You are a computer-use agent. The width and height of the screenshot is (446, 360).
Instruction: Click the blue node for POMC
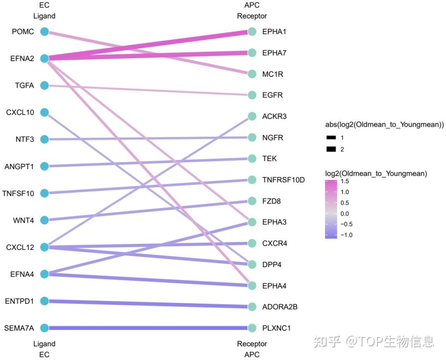click(x=45, y=31)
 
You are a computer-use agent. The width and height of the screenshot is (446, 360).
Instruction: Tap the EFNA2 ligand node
click(x=45, y=59)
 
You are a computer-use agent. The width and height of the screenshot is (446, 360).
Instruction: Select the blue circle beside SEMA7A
click(x=45, y=328)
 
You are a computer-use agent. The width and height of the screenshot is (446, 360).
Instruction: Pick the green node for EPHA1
click(x=252, y=32)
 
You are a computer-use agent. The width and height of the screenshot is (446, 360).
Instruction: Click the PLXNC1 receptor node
click(x=252, y=328)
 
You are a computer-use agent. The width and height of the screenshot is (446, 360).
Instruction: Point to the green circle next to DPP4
click(x=252, y=264)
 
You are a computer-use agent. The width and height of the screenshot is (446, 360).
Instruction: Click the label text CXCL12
click(x=20, y=247)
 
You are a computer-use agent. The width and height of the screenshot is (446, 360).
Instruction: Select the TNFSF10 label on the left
click(x=18, y=193)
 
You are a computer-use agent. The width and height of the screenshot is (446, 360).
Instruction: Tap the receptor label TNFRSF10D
click(x=283, y=180)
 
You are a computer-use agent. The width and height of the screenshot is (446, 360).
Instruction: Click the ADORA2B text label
click(x=280, y=307)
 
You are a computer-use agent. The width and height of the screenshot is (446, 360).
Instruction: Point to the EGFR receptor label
click(x=273, y=95)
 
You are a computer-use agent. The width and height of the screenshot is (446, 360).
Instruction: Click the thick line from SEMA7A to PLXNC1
click(x=149, y=328)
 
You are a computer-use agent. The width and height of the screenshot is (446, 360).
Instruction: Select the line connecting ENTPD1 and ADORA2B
click(x=149, y=304)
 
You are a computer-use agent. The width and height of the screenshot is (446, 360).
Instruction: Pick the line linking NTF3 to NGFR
click(x=149, y=138)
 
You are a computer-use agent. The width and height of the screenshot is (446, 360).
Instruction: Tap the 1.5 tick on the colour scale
click(x=345, y=182)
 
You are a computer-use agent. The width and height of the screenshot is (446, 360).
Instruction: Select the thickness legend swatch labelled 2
click(x=331, y=149)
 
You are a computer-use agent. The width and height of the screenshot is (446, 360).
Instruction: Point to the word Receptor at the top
click(x=252, y=16)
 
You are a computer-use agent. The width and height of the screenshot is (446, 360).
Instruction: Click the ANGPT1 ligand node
click(x=45, y=166)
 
